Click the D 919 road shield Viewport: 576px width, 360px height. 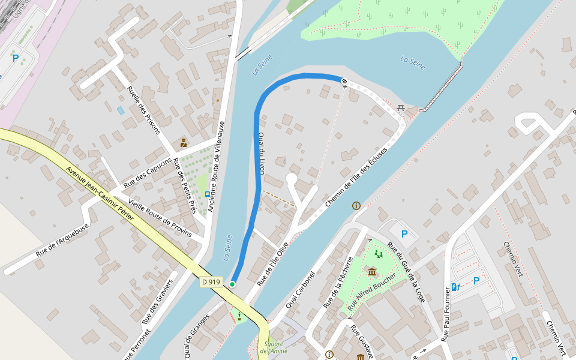[x=211, y=281]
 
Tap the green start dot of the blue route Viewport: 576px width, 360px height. [x=232, y=284]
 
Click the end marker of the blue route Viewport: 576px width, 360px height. [x=344, y=80]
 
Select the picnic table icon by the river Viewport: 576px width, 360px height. [x=401, y=107]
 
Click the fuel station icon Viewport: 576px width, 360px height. [x=455, y=287]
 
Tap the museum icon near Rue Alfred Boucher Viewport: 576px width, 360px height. [x=372, y=272]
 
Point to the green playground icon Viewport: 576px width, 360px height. [x=379, y=254]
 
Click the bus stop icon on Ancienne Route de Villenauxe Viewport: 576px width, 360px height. [x=207, y=194]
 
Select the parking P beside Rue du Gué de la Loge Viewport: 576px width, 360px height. [x=404, y=233]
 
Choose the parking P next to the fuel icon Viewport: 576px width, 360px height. [x=476, y=280]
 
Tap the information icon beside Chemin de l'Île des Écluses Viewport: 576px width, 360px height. [x=356, y=206]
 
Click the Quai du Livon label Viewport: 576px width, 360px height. [x=262, y=153]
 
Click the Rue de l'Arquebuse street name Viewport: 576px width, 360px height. [x=62, y=240]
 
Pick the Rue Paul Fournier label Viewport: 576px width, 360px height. [x=446, y=314]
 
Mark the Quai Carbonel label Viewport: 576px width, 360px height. [x=300, y=290]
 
